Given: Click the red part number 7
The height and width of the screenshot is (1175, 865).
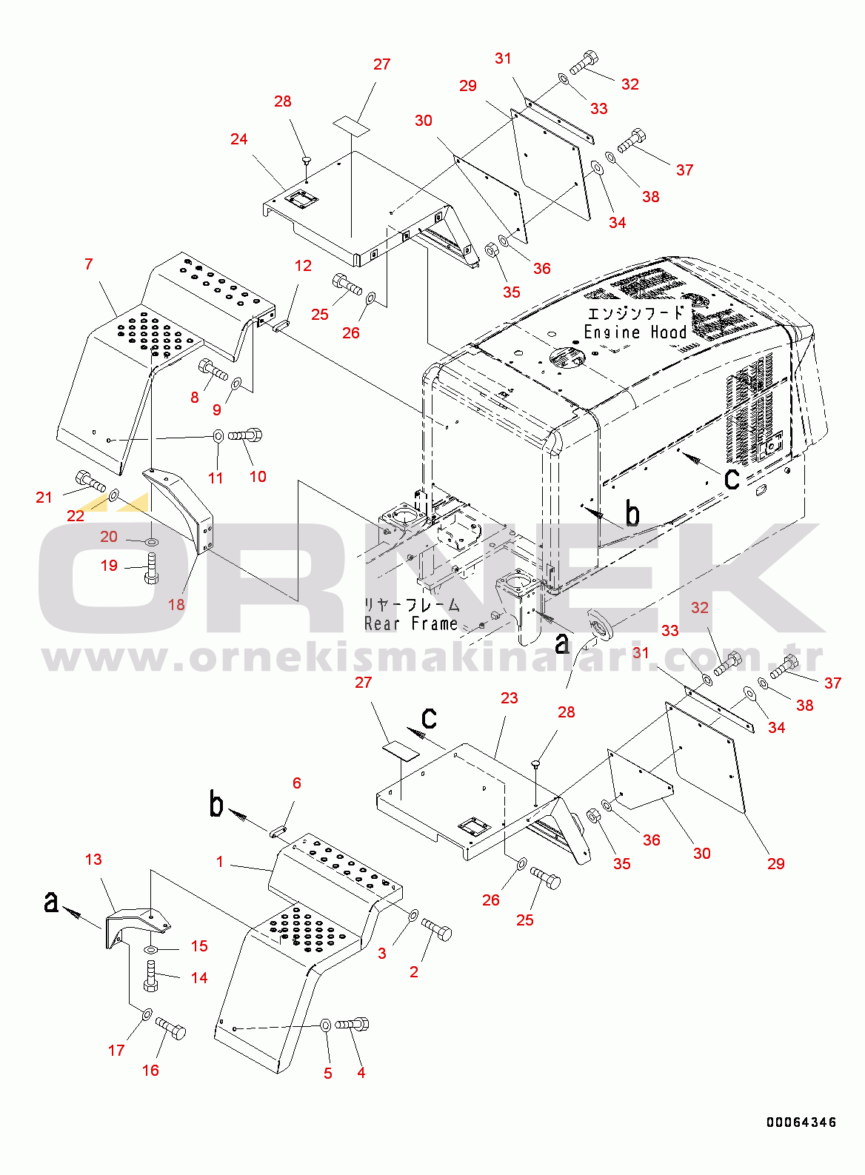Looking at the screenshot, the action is [x=89, y=264].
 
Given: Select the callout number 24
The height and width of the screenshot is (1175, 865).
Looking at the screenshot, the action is [x=238, y=139].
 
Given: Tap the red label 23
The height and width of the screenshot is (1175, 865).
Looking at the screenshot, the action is [x=509, y=697].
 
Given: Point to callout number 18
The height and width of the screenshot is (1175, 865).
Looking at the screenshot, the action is [x=176, y=605].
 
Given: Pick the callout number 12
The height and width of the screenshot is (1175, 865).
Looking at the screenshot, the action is [x=303, y=265].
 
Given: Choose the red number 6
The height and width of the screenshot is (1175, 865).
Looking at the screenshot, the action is [x=297, y=783].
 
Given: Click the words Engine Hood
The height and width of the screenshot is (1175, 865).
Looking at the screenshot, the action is [x=635, y=332].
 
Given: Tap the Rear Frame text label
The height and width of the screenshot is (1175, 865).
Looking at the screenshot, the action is [x=411, y=623].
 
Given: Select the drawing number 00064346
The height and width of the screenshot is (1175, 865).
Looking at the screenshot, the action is [x=801, y=1133].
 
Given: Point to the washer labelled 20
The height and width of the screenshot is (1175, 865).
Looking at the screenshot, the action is [x=151, y=540].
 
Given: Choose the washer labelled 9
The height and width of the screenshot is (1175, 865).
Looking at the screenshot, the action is [x=236, y=384].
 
